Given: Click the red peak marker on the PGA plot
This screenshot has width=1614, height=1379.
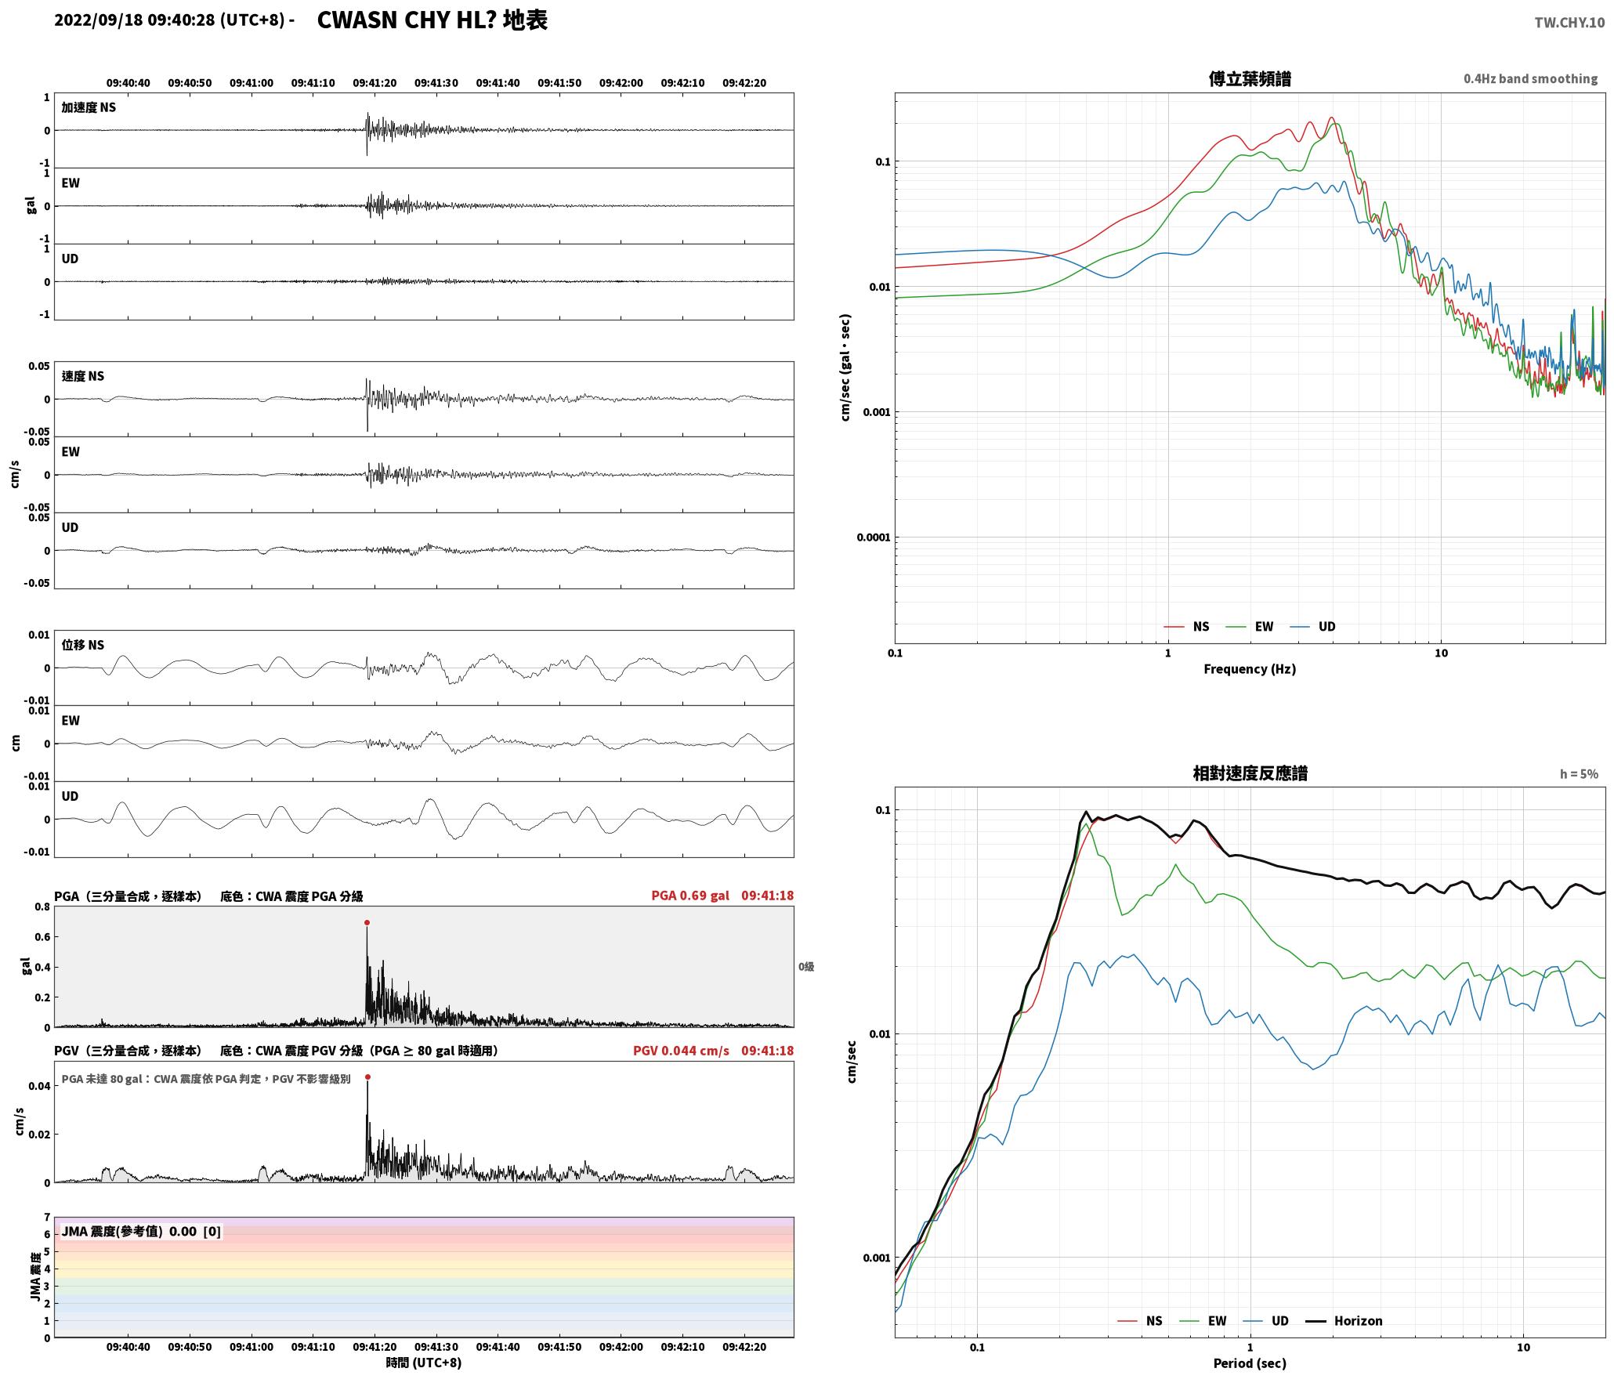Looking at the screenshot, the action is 367,923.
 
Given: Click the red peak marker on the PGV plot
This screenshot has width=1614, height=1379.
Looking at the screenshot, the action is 367,1077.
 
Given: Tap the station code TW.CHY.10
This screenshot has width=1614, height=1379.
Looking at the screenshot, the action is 1569,23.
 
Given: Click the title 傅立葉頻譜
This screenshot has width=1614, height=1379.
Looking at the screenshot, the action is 1250,79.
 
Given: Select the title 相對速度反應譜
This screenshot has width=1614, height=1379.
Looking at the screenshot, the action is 1250,773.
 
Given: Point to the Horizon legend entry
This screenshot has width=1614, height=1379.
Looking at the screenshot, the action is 1344,1321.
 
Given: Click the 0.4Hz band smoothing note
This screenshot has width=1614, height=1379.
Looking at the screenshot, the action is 1530,79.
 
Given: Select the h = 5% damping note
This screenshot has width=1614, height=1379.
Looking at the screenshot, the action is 1579,774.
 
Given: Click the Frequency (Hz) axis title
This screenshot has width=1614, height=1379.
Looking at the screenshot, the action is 1250,669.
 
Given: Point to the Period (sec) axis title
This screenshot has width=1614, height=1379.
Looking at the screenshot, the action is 1250,1363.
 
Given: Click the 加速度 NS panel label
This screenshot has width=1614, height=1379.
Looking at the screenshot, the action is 89,107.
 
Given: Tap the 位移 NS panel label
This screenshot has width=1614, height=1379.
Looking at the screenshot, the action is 82,645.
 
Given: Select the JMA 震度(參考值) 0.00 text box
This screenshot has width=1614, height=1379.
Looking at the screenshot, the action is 141,1232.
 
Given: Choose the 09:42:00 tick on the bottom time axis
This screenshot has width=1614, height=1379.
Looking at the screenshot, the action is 621,1347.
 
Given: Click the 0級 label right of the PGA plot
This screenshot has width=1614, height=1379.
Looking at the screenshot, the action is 806,967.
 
